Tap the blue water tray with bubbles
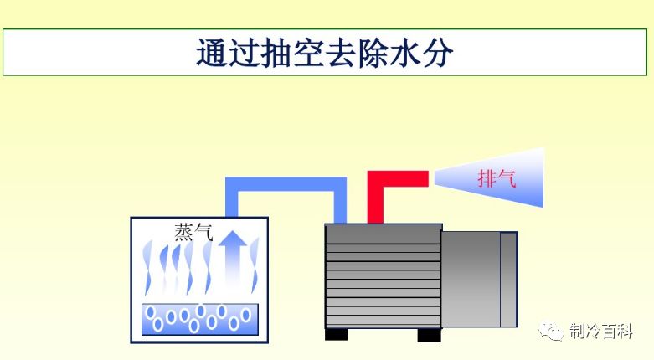click(199, 318)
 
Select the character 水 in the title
click(400, 51)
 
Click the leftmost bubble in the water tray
click(152, 313)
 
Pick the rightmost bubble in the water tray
click(247, 316)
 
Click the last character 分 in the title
click(437, 51)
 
